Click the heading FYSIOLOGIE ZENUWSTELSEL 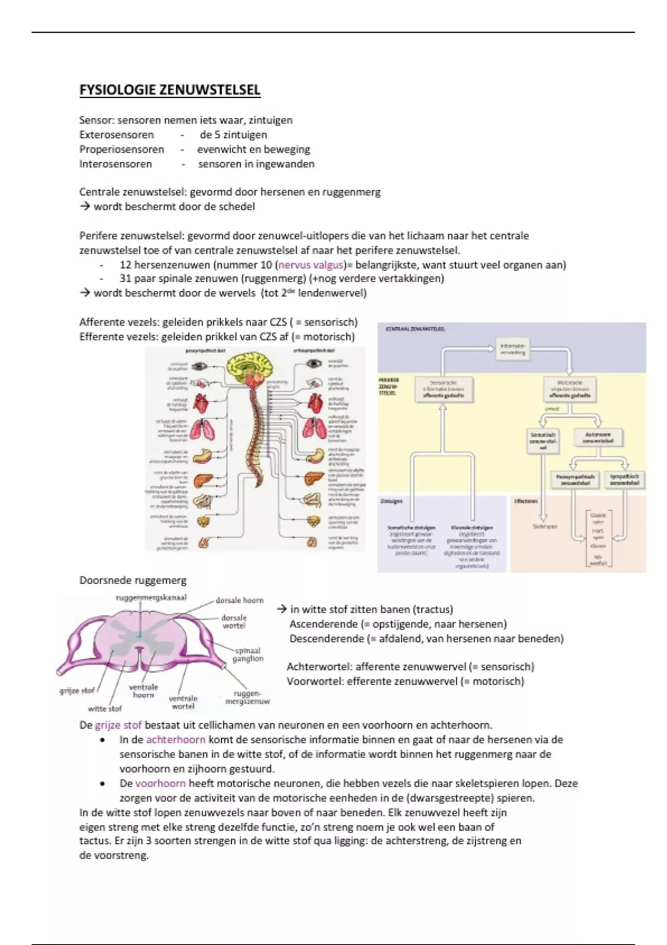coord(170,90)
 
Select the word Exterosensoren coord(116,135)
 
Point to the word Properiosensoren coord(121,149)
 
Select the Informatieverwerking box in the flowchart coord(512,349)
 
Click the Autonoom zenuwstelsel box coord(598,437)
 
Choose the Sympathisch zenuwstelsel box coord(624,480)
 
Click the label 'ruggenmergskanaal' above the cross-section coord(151,598)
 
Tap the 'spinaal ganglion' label coord(248,654)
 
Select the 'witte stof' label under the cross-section coord(104,709)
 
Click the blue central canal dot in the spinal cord coord(139,634)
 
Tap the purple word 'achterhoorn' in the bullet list coord(176,740)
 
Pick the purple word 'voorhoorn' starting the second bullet coord(160,783)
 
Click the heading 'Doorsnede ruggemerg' coord(132,580)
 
